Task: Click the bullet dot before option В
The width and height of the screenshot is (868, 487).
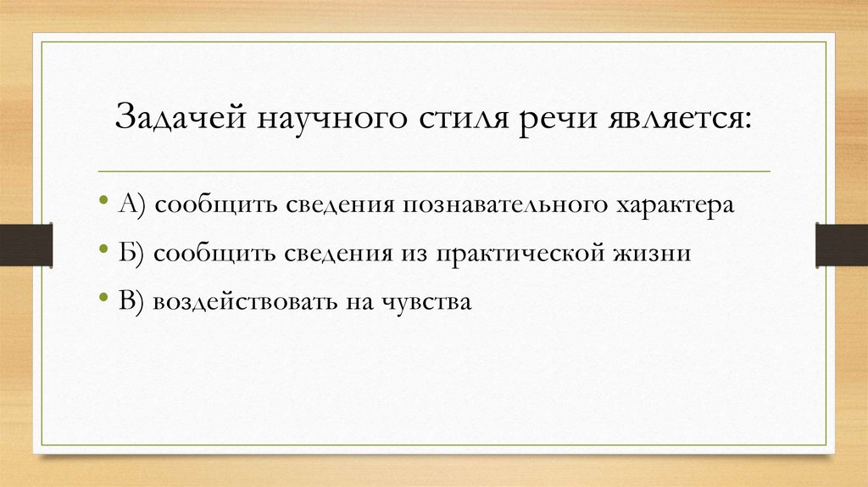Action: click(103, 299)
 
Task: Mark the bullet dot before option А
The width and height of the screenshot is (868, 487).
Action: click(103, 204)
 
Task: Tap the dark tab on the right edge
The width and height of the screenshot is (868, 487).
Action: click(841, 244)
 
